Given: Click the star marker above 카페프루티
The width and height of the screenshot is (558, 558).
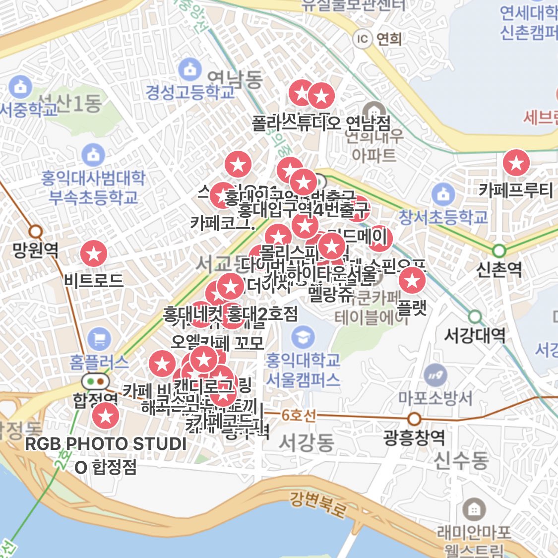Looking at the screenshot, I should click(516, 163).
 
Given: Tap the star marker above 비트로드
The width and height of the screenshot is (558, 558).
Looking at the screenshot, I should click(94, 253).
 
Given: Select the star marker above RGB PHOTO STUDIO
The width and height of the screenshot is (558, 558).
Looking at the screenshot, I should click(106, 416).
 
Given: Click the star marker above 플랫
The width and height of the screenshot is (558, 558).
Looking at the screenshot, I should click(412, 281).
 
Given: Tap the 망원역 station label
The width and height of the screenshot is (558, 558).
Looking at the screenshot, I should click(36, 249).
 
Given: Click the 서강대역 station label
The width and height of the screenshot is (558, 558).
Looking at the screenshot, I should click(474, 336).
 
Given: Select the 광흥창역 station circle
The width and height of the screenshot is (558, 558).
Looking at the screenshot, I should click(414, 419).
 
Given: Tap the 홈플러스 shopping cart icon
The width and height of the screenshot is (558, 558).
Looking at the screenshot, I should click(99, 339).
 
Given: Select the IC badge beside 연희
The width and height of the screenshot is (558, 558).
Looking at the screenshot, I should click(363, 38).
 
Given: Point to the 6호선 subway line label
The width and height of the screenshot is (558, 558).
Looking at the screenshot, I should click(298, 415).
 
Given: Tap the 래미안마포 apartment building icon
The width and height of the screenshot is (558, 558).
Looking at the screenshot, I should click(474, 509).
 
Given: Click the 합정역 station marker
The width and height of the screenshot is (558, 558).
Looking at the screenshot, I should click(96, 381).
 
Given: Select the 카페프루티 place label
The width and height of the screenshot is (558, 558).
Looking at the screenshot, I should click(516, 190).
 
